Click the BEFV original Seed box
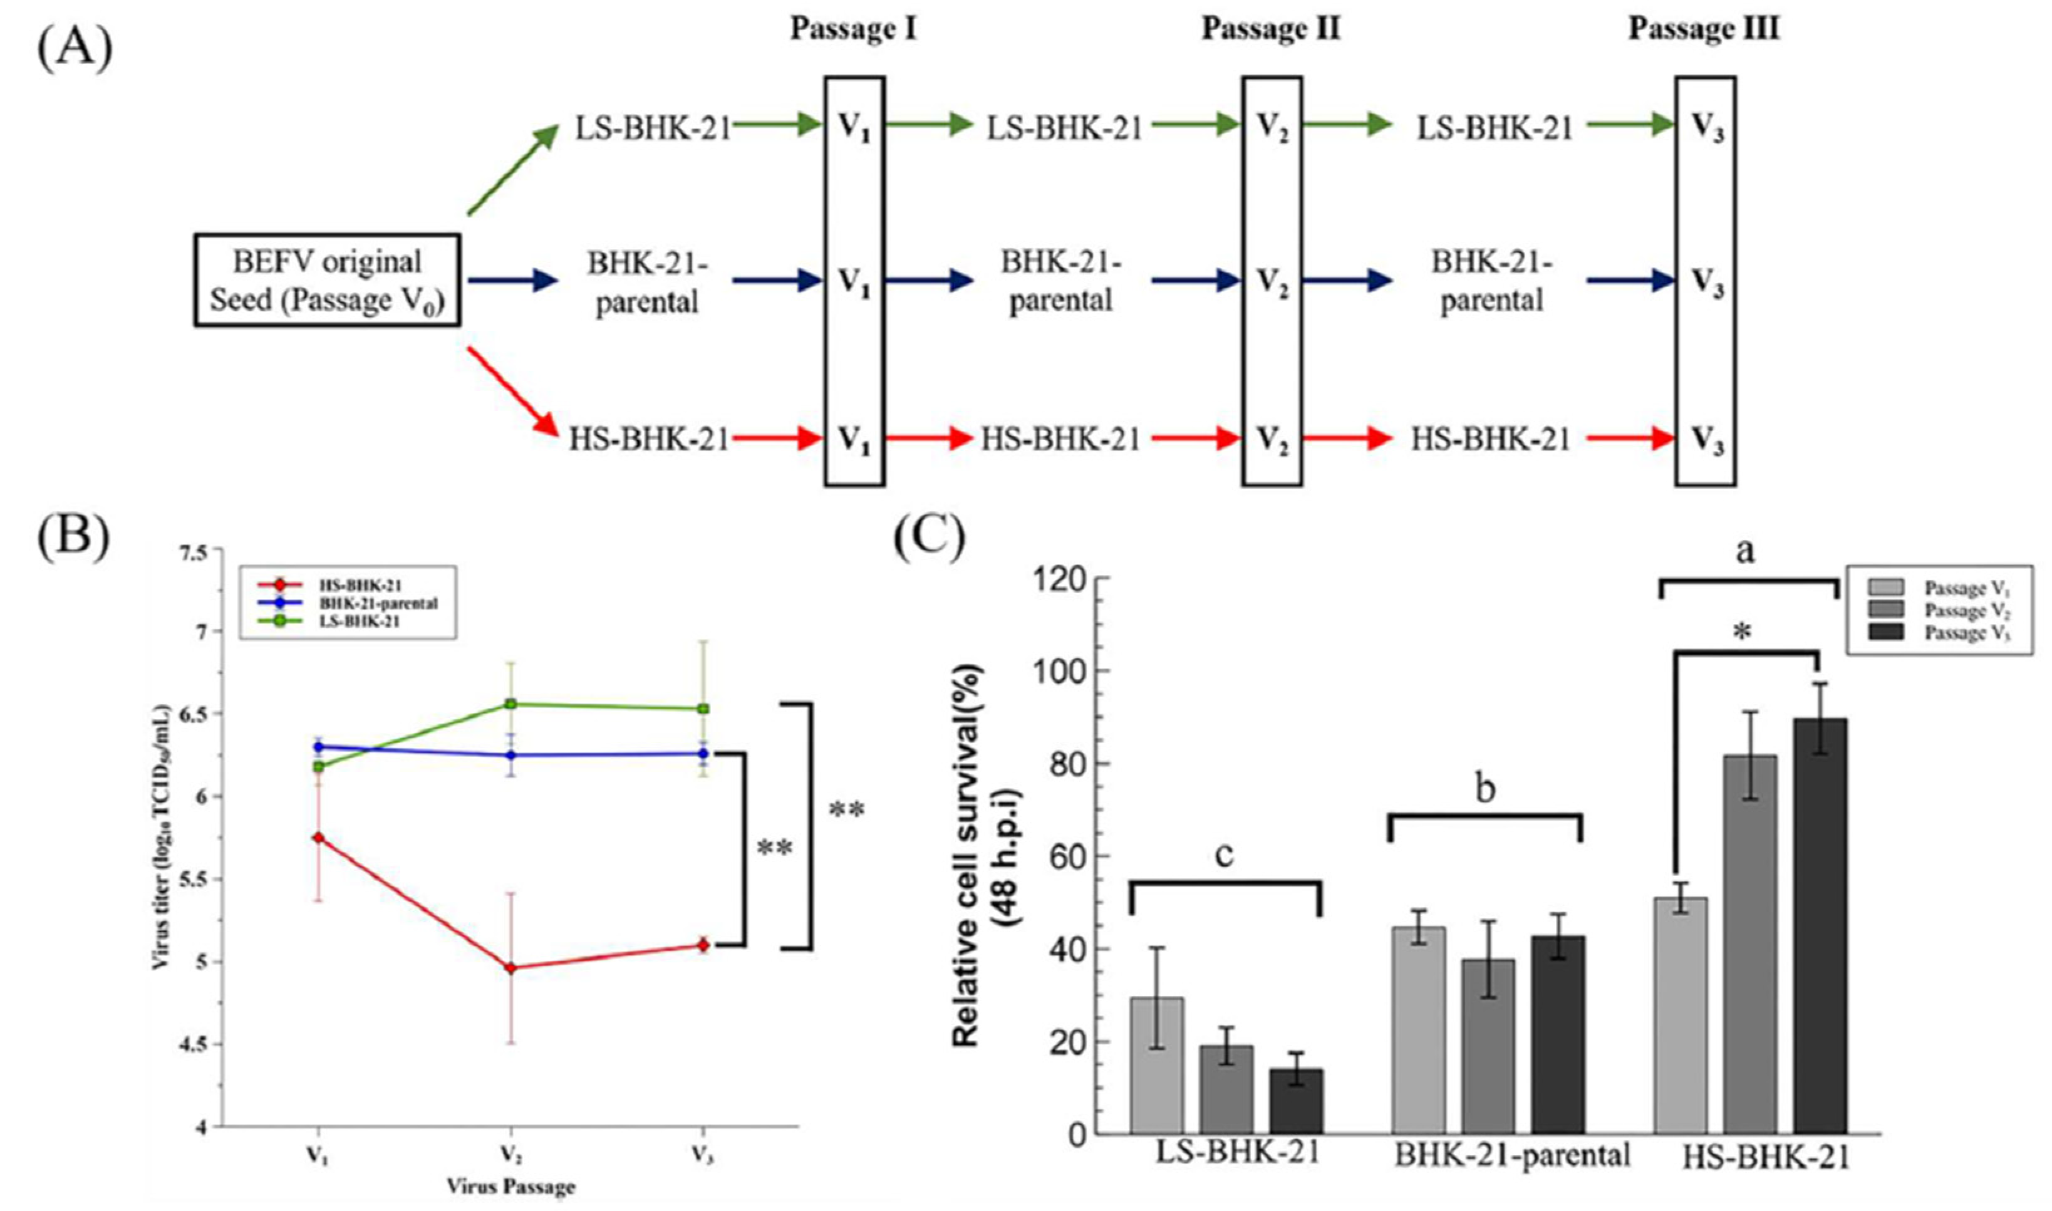(326, 281)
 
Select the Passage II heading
(1271, 29)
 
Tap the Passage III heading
(1704, 29)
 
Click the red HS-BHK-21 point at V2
(510, 968)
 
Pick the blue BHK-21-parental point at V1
(319, 747)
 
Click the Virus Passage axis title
(510, 1186)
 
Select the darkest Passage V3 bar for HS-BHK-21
(1820, 925)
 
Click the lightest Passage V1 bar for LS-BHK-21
(1157, 1065)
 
